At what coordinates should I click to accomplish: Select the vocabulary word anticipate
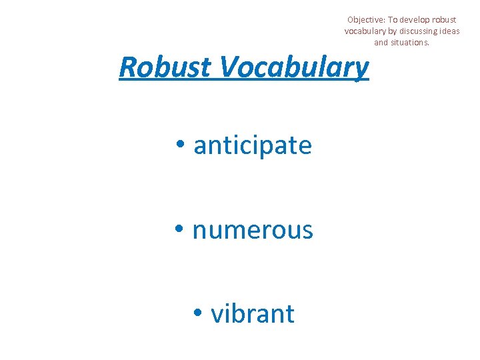(x=253, y=145)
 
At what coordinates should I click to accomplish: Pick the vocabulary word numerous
(x=252, y=230)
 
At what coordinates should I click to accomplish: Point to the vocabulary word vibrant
(x=253, y=313)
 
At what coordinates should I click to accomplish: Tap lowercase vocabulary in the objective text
(x=365, y=31)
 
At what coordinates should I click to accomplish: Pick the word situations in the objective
(x=410, y=43)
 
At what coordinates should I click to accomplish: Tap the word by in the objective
(x=392, y=31)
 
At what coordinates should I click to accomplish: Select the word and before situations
(x=381, y=43)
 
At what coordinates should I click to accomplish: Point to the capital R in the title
(x=127, y=67)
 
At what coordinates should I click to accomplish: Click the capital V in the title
(x=227, y=67)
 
